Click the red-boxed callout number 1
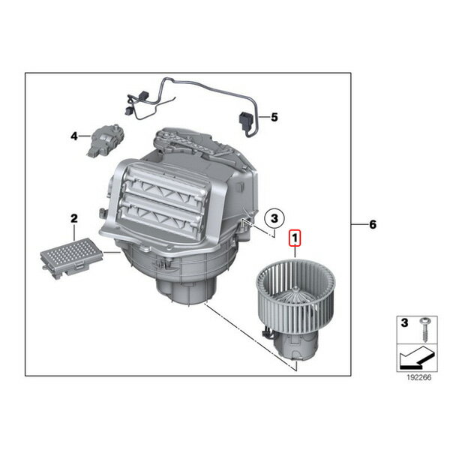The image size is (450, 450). click(295, 238)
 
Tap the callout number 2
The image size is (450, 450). click(74, 219)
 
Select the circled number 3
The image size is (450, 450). click(274, 219)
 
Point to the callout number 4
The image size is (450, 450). click(74, 136)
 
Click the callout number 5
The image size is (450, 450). click(274, 117)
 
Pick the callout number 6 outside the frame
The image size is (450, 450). click(373, 224)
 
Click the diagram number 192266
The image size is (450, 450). click(419, 377)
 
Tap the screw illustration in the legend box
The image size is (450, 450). click(424, 329)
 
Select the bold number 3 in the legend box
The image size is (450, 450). click(404, 323)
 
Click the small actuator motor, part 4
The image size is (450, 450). click(106, 140)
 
